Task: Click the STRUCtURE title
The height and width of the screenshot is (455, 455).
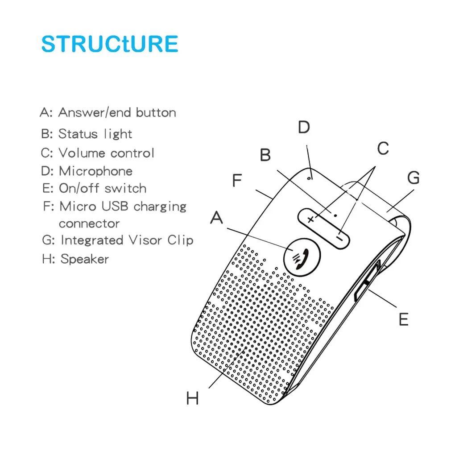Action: [110, 44]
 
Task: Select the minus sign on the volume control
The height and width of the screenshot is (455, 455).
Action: [340, 239]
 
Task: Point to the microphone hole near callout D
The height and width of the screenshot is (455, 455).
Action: [309, 178]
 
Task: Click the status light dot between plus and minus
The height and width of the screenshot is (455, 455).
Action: [335, 213]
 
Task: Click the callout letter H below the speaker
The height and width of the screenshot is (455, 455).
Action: [192, 398]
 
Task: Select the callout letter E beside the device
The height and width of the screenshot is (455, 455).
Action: [403, 319]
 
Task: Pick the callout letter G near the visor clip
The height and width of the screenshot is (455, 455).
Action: [414, 178]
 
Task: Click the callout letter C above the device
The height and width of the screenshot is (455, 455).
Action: [383, 149]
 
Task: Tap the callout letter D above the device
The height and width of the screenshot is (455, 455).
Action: [303, 128]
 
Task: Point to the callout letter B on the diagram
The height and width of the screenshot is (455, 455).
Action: [265, 155]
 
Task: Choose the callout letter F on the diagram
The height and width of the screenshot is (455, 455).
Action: [236, 181]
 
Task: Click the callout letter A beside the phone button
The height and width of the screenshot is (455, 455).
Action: [216, 219]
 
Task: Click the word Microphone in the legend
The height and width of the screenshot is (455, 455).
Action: [95, 171]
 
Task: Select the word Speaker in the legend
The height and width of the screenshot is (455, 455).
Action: [85, 259]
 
